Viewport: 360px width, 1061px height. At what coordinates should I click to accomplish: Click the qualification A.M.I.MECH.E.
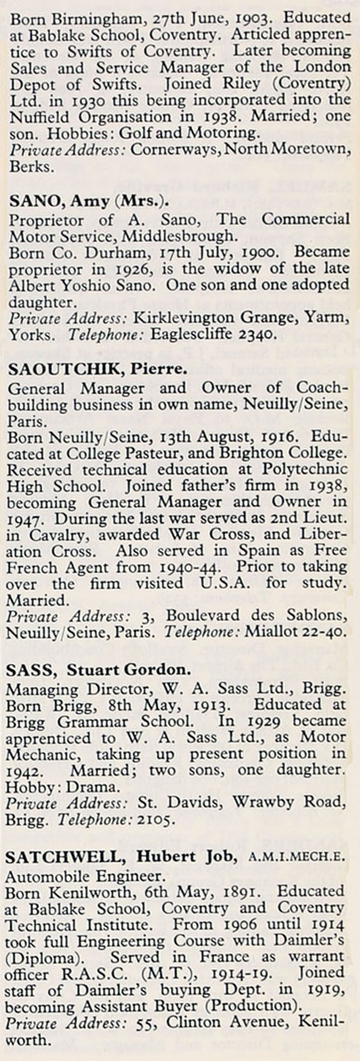pyautogui.click(x=297, y=857)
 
